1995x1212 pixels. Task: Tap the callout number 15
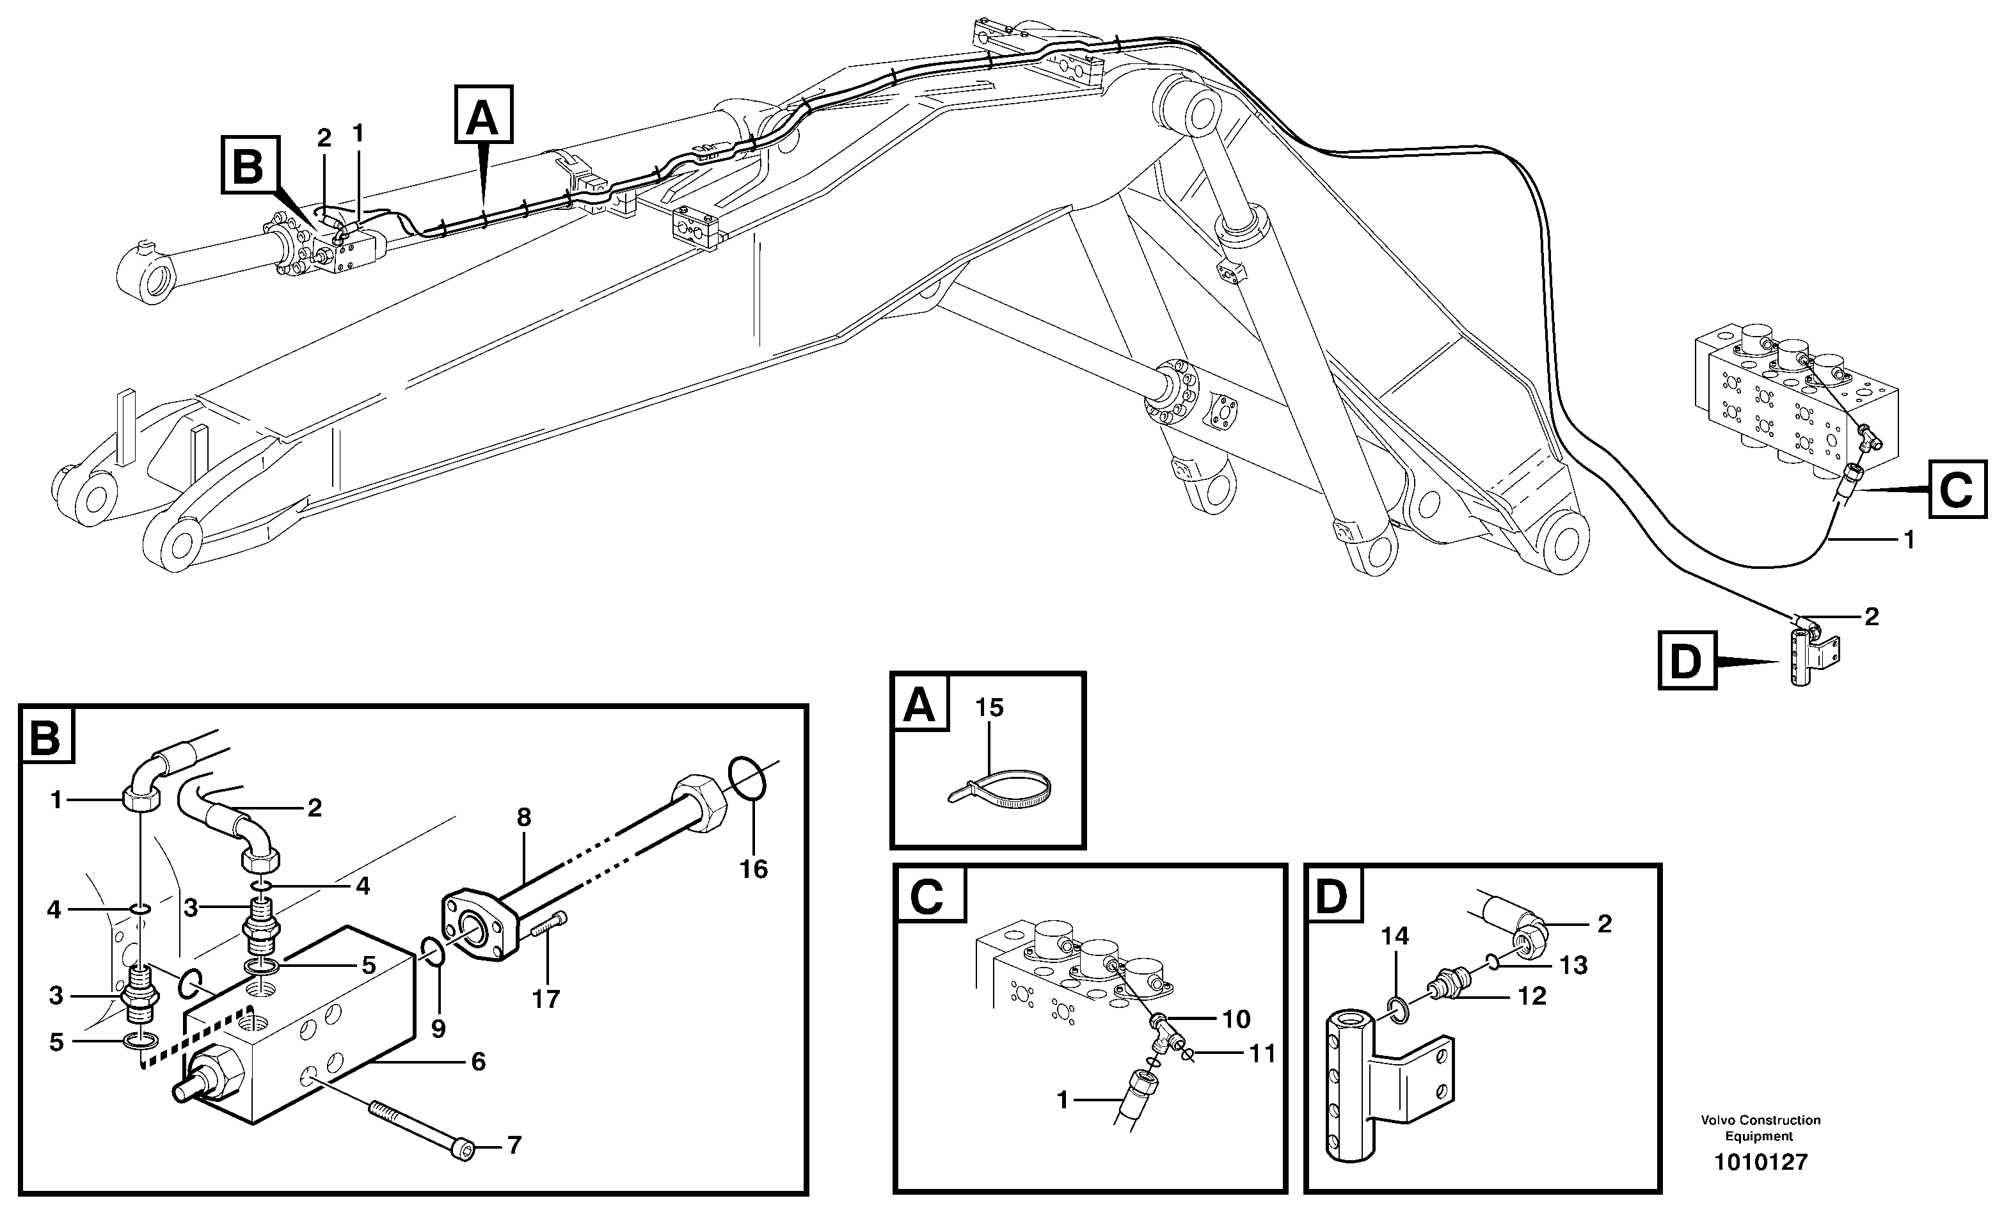[x=989, y=708]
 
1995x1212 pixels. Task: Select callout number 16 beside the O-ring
[x=753, y=869]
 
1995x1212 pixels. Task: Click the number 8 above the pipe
[x=524, y=818]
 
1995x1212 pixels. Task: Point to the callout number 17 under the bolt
[x=546, y=999]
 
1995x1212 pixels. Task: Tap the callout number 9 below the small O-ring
[x=438, y=1029]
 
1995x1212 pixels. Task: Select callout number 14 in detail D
[x=1395, y=937]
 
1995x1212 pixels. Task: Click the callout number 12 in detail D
[x=1532, y=995]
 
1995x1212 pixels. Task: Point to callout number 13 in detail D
[x=1574, y=964]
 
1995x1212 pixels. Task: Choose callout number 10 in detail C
[x=1236, y=1019]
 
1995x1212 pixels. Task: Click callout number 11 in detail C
[x=1262, y=1053]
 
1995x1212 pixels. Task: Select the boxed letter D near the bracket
[x=1687, y=662]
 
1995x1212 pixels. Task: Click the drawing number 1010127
[x=1760, y=1163]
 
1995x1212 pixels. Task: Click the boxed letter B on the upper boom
[x=250, y=166]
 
